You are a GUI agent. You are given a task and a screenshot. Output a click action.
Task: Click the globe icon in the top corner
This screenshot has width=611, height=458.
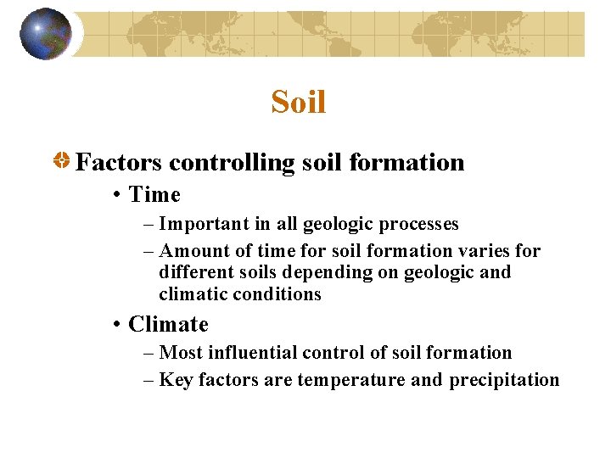click(46, 34)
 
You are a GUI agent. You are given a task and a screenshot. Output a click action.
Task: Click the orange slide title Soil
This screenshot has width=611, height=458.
click(299, 103)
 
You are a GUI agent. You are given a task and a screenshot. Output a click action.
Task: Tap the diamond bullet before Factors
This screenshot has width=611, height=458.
click(62, 162)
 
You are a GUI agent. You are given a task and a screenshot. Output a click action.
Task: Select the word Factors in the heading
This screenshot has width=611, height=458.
click(118, 162)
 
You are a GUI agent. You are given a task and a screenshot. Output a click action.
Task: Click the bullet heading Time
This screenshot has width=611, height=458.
click(154, 195)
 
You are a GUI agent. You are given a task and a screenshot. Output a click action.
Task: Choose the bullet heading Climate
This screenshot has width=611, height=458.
click(168, 325)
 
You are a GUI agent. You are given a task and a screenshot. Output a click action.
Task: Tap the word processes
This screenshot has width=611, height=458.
click(418, 225)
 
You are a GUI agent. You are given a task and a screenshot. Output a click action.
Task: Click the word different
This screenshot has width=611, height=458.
click(193, 272)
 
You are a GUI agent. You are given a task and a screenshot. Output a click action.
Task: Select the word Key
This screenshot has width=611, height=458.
click(176, 380)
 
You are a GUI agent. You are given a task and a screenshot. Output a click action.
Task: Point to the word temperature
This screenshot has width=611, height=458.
click(350, 380)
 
